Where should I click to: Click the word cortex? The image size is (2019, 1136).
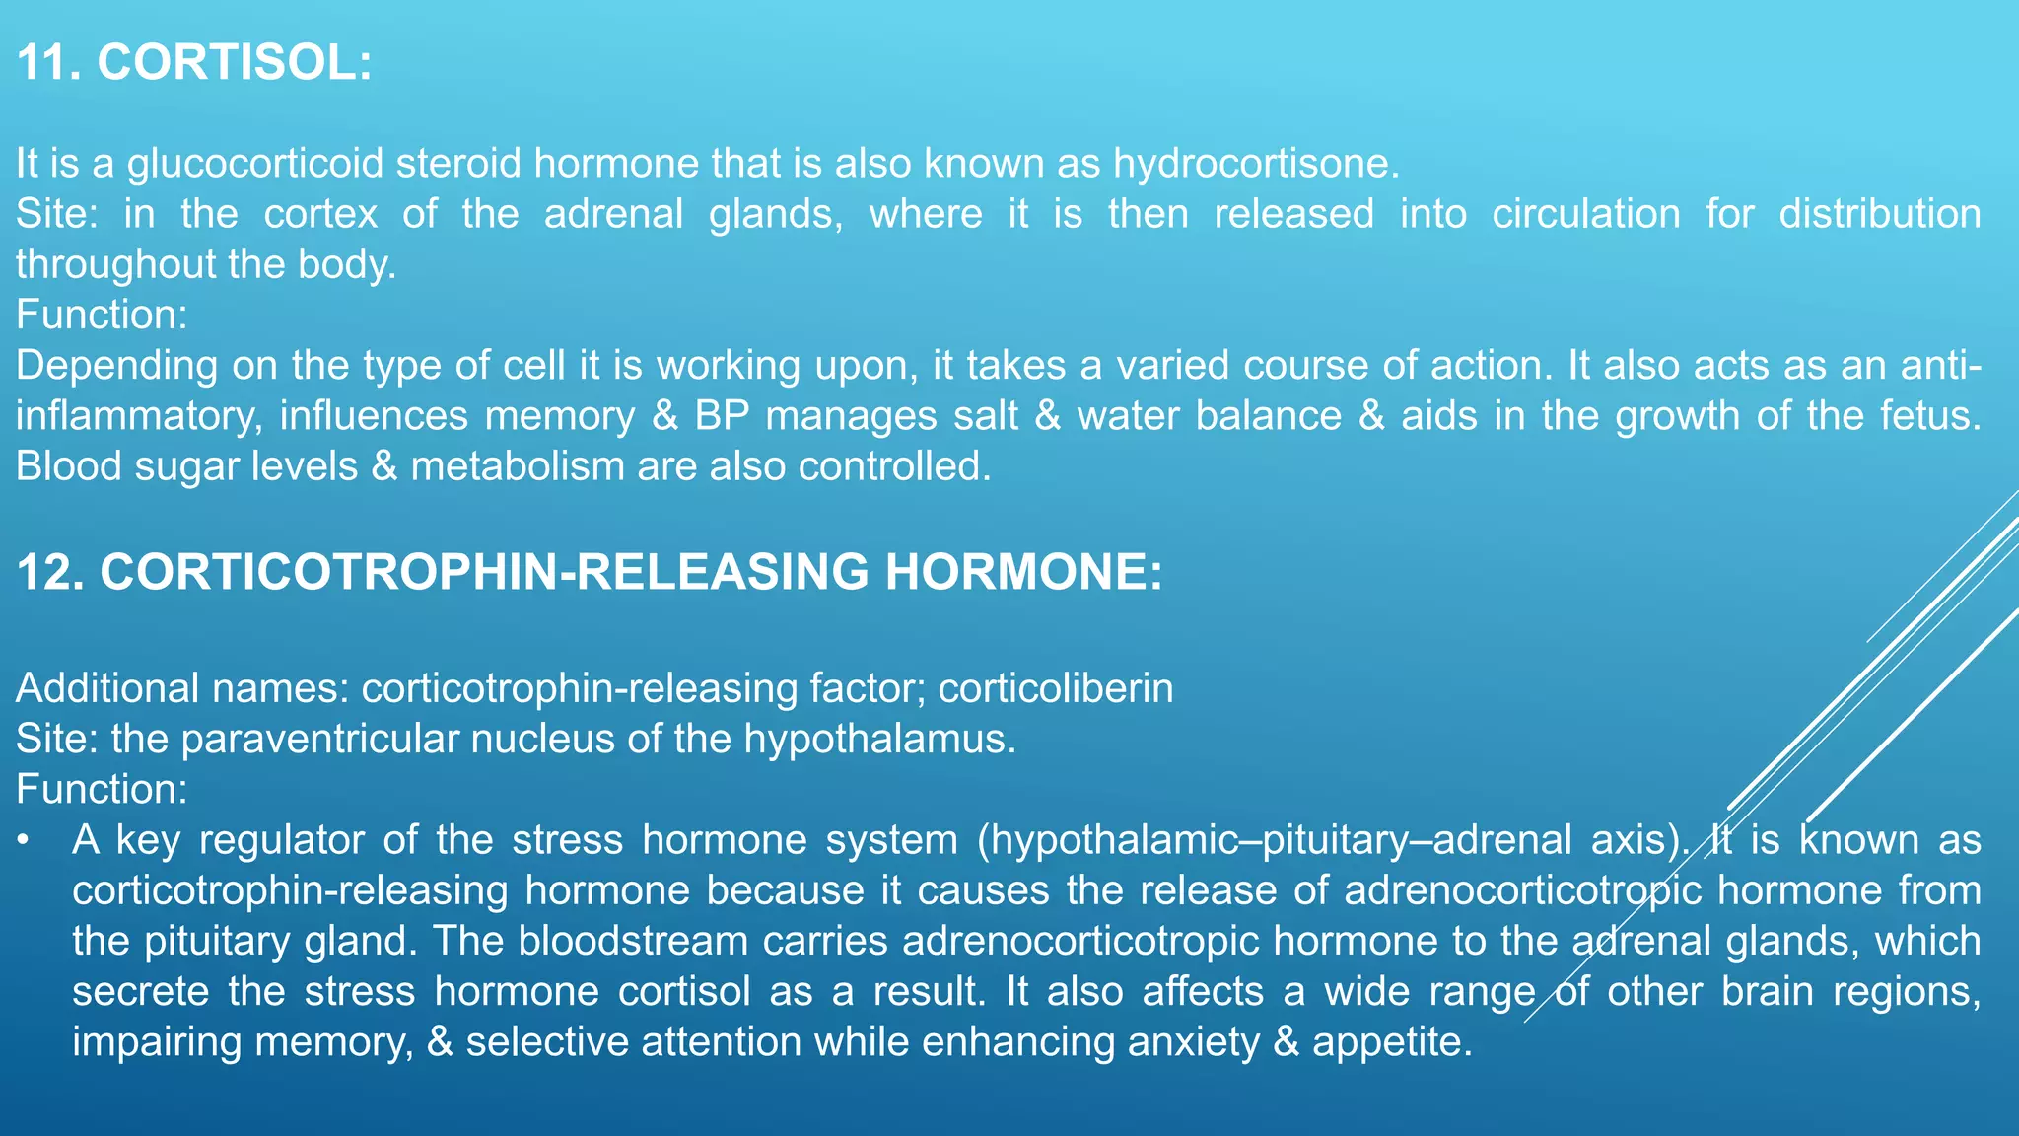coord(320,214)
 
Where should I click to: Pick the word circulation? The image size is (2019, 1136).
coord(1585,214)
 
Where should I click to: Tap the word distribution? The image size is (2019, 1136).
coord(1879,214)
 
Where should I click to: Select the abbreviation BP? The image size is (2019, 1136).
coord(722,416)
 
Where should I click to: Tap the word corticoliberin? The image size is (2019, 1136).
coord(1055,688)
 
